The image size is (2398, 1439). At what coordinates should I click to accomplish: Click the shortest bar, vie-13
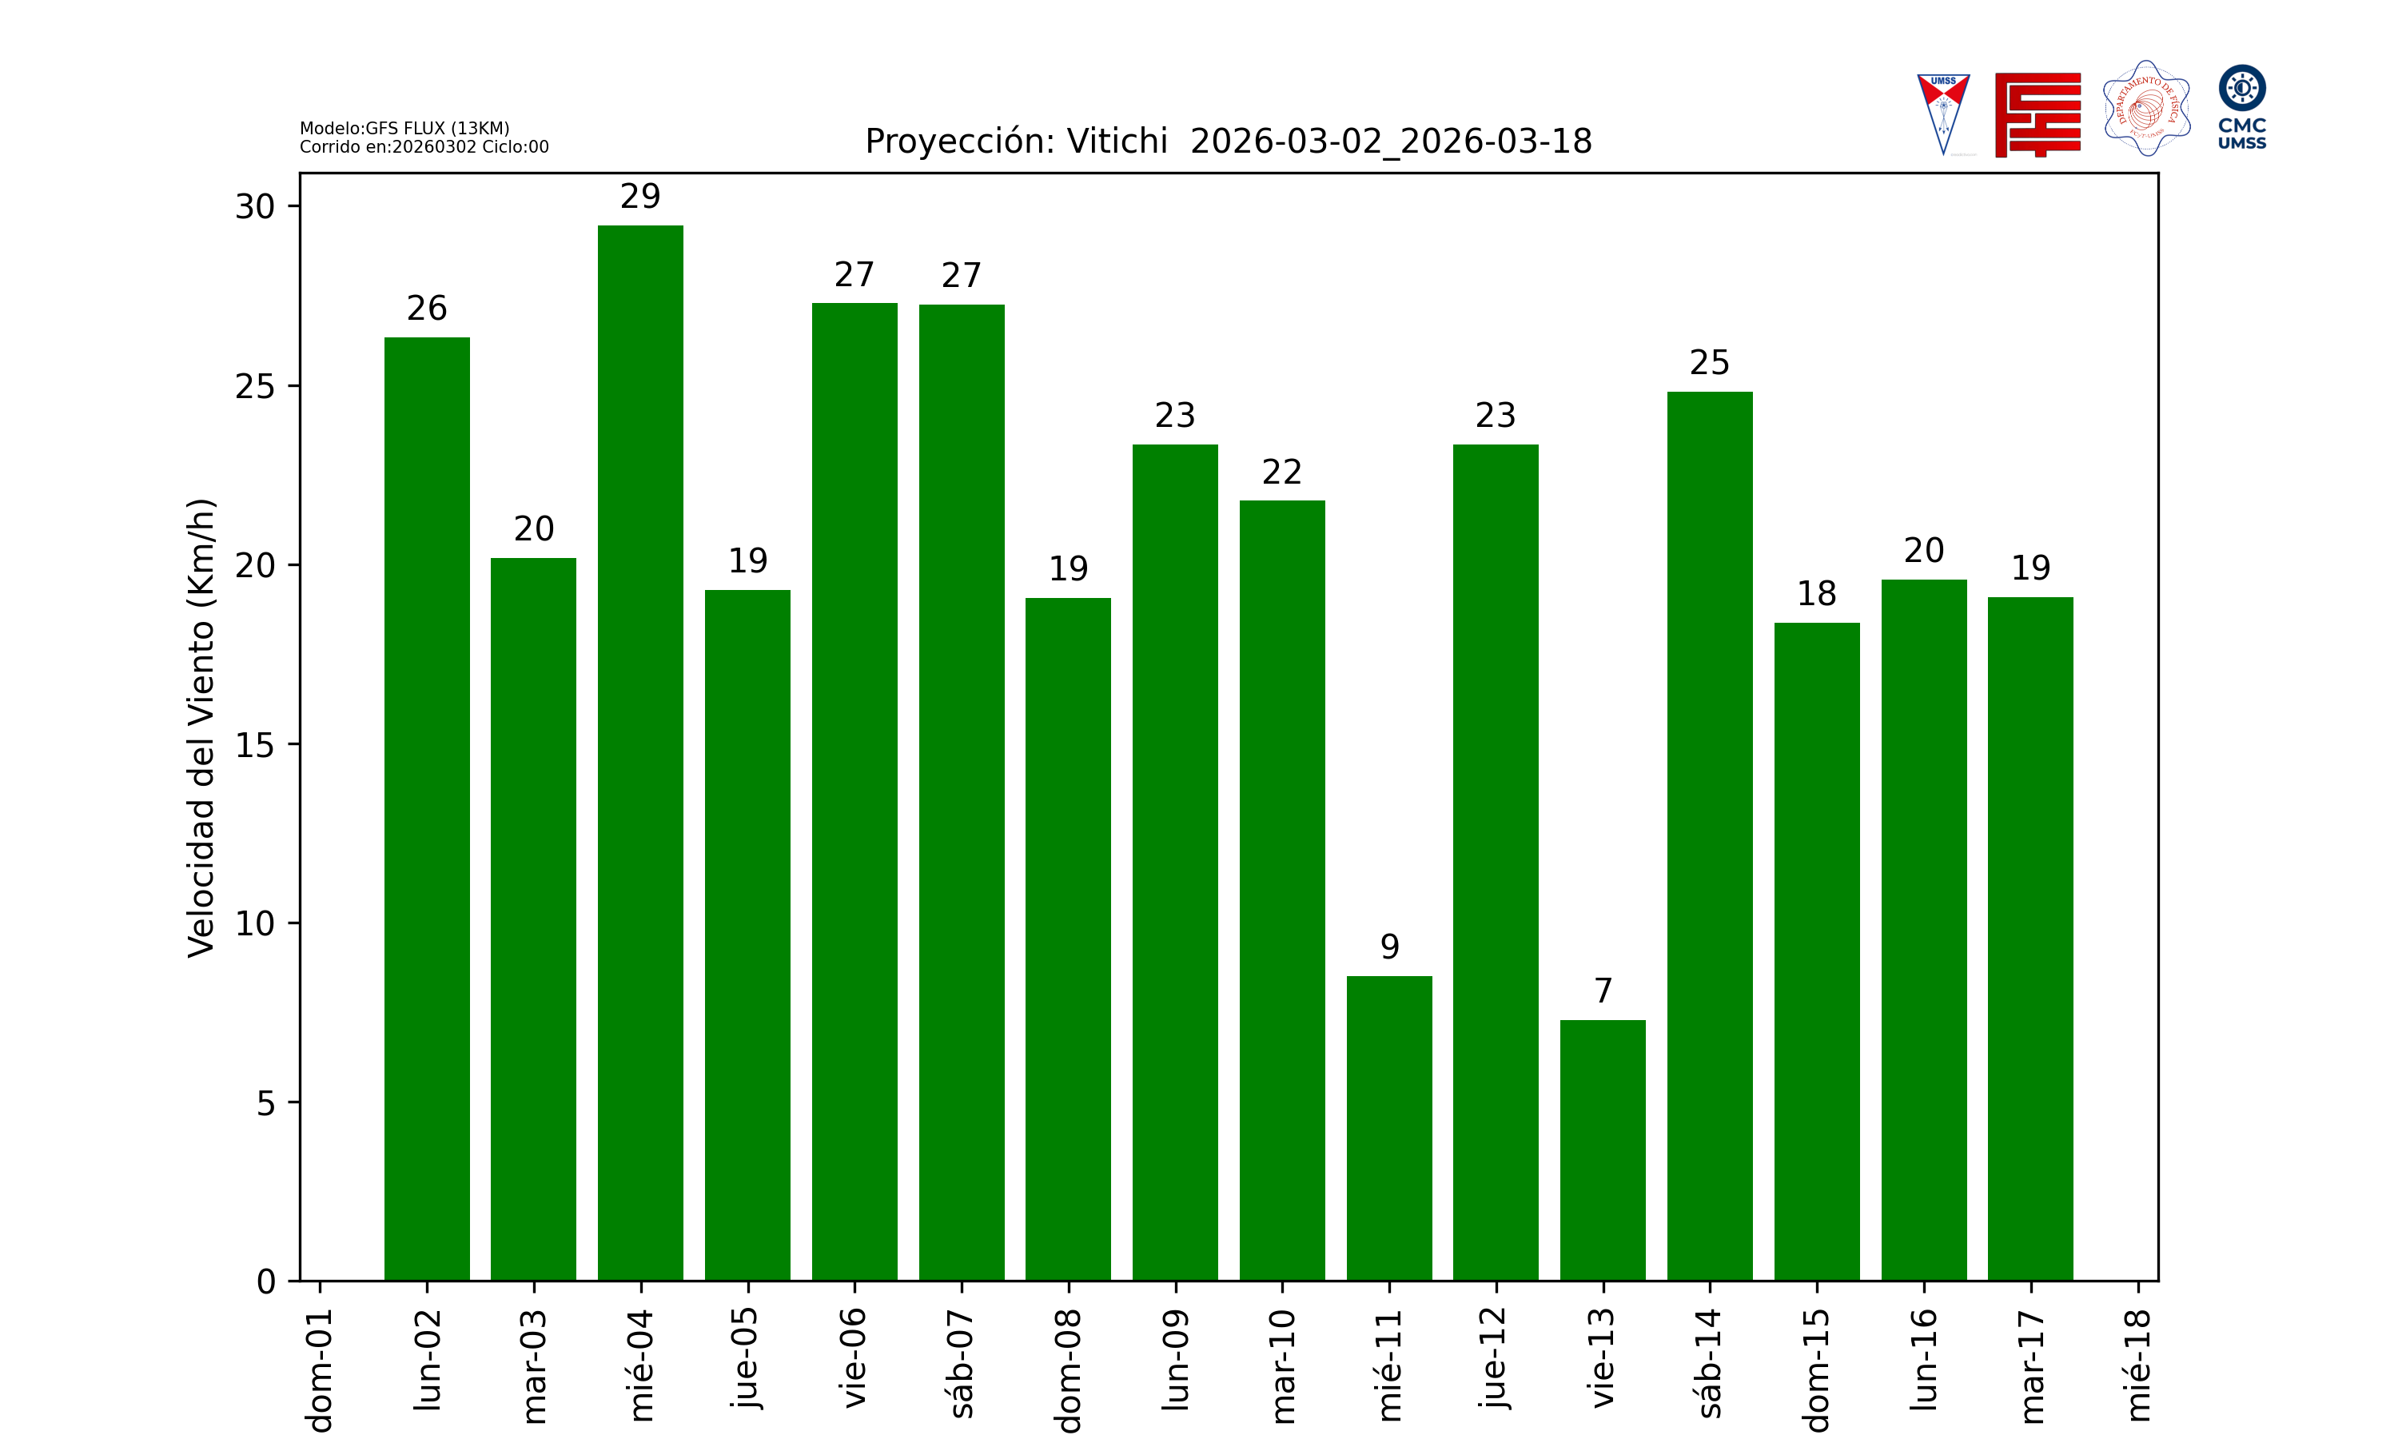tap(1602, 1150)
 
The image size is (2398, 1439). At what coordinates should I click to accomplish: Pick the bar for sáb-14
tap(1710, 836)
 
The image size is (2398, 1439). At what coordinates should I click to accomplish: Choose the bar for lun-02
tap(427, 809)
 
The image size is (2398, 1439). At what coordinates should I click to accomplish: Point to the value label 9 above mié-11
tap(1389, 947)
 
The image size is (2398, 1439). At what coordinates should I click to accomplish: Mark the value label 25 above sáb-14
tap(1710, 363)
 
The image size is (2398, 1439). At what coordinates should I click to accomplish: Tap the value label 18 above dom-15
tap(1816, 593)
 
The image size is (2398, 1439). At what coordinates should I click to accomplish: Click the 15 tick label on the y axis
tap(255, 745)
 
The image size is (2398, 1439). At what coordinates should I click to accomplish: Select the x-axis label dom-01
tap(320, 1369)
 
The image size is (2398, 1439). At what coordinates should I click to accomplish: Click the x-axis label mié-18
tap(2137, 1365)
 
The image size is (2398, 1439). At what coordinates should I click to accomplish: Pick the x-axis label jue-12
tap(1496, 1357)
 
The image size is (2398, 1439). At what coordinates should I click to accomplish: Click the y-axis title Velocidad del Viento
tap(201, 727)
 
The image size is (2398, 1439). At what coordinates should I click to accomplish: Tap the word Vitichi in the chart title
tap(1117, 142)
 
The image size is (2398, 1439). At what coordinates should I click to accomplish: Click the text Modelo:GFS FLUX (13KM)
tap(404, 128)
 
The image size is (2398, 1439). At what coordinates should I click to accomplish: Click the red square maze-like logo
tap(2038, 114)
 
